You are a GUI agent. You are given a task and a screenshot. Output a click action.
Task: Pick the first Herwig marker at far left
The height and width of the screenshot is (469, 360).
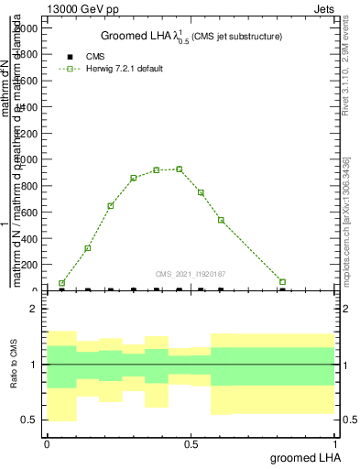(x=61, y=283)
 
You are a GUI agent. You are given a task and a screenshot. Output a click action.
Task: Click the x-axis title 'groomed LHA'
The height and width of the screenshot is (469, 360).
(x=305, y=458)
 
